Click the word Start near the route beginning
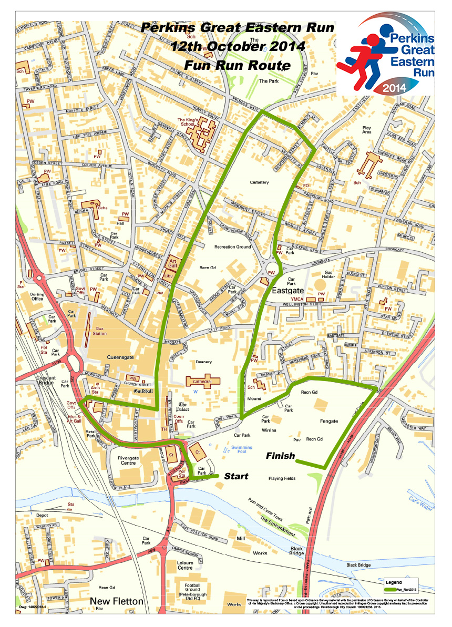pos(236,476)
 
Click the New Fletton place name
pos(116,601)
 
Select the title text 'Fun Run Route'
pos(237,65)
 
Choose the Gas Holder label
pos(329,276)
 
